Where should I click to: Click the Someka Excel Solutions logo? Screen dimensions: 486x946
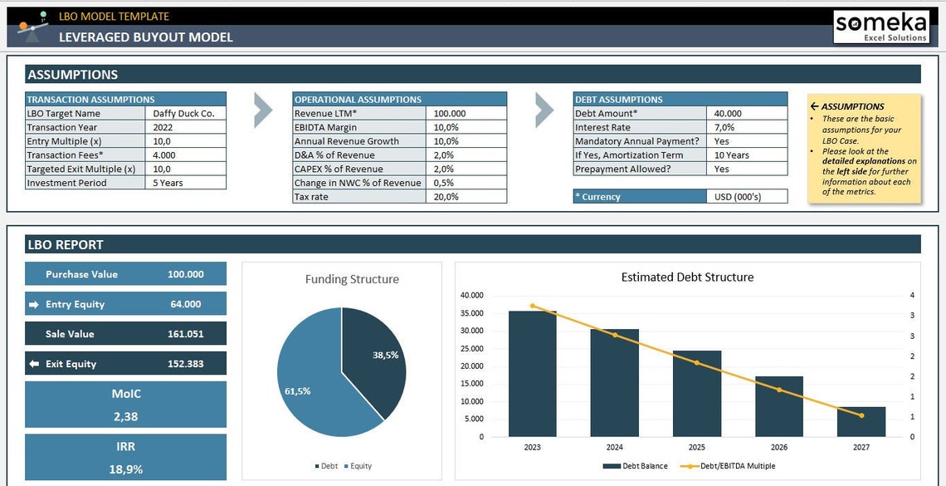click(880, 26)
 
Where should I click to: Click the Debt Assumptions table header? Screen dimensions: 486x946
click(680, 99)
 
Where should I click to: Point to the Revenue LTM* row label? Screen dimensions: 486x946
click(358, 113)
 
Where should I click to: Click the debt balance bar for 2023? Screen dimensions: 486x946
click(532, 374)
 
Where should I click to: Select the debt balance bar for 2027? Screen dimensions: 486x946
click(861, 421)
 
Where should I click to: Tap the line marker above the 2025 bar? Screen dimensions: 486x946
click(696, 363)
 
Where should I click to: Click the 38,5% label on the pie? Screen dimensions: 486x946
click(385, 355)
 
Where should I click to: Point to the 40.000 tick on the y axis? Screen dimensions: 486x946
click(471, 295)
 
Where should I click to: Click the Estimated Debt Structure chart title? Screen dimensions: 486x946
click(687, 277)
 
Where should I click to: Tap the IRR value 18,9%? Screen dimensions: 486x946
click(125, 469)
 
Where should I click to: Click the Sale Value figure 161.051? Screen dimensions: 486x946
click(185, 334)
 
